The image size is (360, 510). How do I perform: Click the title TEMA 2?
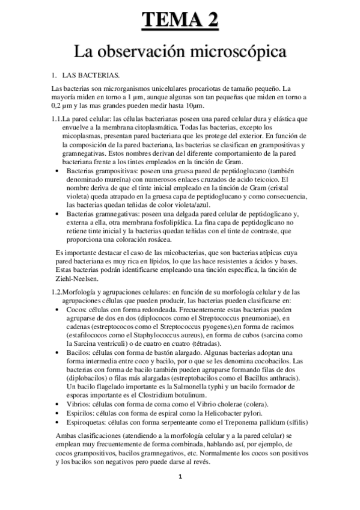point(180,20)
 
